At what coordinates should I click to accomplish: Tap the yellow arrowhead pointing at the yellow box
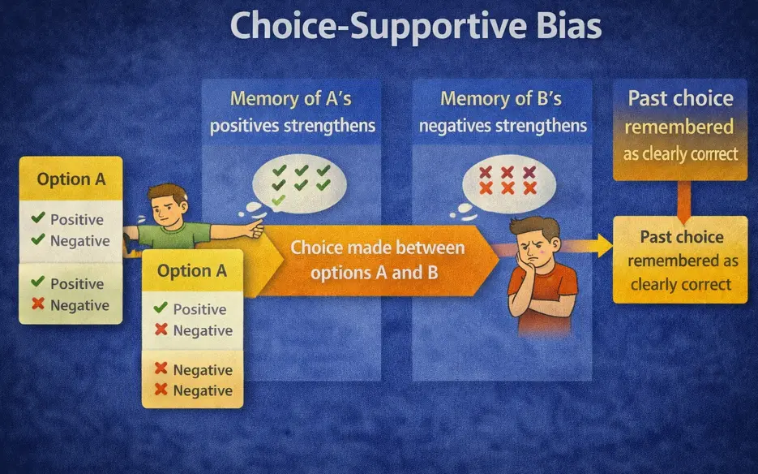pos(604,243)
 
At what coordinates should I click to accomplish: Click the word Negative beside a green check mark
pos(79,241)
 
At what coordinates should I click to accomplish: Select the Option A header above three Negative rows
pos(192,271)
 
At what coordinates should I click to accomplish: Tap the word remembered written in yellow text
pos(679,127)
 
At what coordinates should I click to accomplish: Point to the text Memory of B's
pos(499,99)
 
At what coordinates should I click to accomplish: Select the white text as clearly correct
pos(680,154)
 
